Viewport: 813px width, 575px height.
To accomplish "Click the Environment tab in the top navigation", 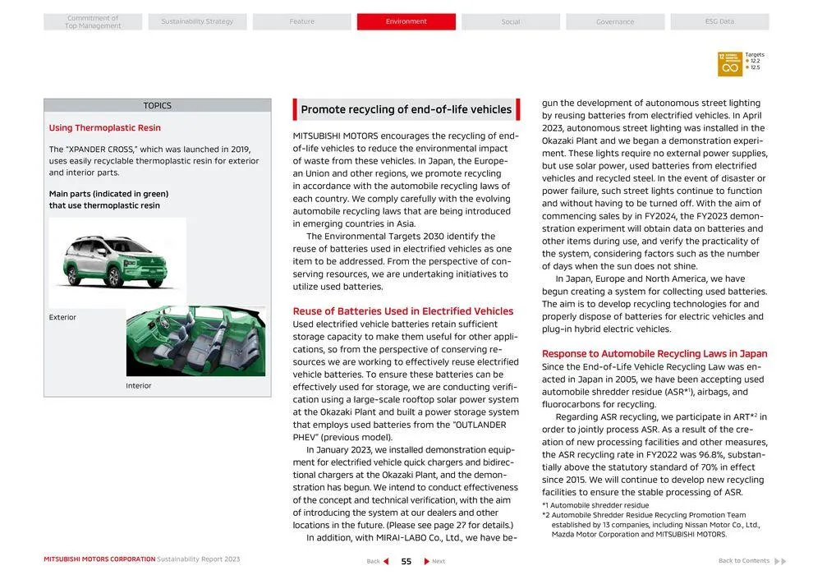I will coord(406,21).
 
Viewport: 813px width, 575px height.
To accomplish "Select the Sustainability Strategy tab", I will coord(197,21).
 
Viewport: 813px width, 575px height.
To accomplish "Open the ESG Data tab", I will coord(719,21).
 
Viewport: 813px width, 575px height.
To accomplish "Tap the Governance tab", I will coord(615,21).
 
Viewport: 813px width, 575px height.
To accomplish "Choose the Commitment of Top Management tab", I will coord(93,21).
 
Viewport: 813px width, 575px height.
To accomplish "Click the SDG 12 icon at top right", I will coord(729,64).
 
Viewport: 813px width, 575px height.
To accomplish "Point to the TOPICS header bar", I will coord(158,105).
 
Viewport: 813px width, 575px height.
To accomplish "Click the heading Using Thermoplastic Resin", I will coord(104,128).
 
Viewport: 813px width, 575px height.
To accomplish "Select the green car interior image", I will coord(195,341).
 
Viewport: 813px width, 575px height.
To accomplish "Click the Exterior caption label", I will coord(62,317).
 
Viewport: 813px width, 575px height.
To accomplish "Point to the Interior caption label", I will coord(139,385).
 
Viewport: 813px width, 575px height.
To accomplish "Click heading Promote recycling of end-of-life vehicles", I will coord(406,109).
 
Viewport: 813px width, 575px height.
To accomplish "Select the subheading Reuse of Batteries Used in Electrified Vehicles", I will coord(402,311).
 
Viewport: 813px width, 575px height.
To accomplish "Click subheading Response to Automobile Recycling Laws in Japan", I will coord(655,354).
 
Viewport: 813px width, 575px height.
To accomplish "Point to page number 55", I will coord(406,561).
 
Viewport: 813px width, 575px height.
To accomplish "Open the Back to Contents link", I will coord(751,561).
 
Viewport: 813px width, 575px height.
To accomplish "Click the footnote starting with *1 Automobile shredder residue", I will coord(595,505).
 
